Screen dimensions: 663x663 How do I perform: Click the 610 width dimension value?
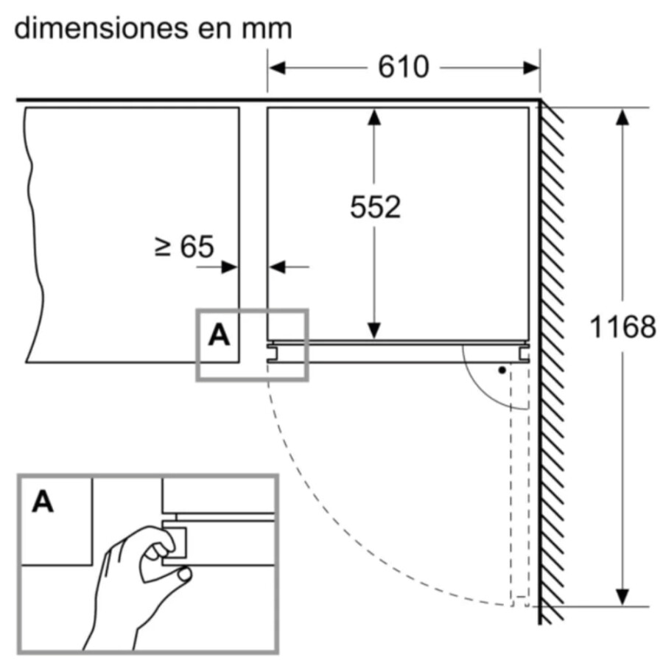coord(403,67)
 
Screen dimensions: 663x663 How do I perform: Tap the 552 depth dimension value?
coord(375,207)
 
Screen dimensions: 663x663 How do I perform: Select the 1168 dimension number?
coord(622,326)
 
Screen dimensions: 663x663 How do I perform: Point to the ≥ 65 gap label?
coord(184,247)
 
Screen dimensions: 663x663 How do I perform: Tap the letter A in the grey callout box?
coord(219,335)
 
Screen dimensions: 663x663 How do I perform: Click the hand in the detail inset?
coord(129,582)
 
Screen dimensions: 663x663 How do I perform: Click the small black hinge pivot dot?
coord(502,370)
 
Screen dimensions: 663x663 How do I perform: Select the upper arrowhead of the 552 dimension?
coord(375,117)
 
